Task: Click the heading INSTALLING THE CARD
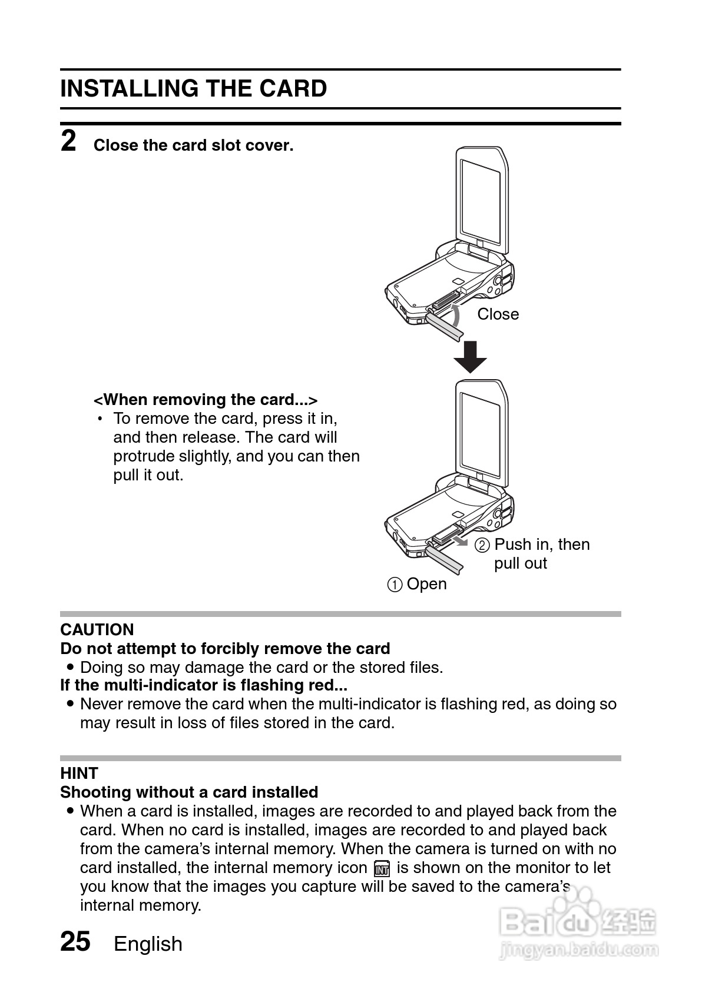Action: (193, 89)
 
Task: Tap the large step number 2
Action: (68, 142)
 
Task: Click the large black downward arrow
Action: (470, 357)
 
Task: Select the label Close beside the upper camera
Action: (498, 314)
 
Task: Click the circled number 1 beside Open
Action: (395, 585)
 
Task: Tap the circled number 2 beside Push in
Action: (482, 545)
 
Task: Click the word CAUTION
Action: (97, 630)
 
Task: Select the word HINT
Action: (79, 774)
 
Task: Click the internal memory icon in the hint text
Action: (382, 868)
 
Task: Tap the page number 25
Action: (75, 941)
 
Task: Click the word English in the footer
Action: (148, 944)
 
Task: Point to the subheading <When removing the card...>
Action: (206, 400)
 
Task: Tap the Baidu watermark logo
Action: (577, 924)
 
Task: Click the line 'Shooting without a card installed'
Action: (189, 792)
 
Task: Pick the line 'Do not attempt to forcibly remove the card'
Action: (225, 649)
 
